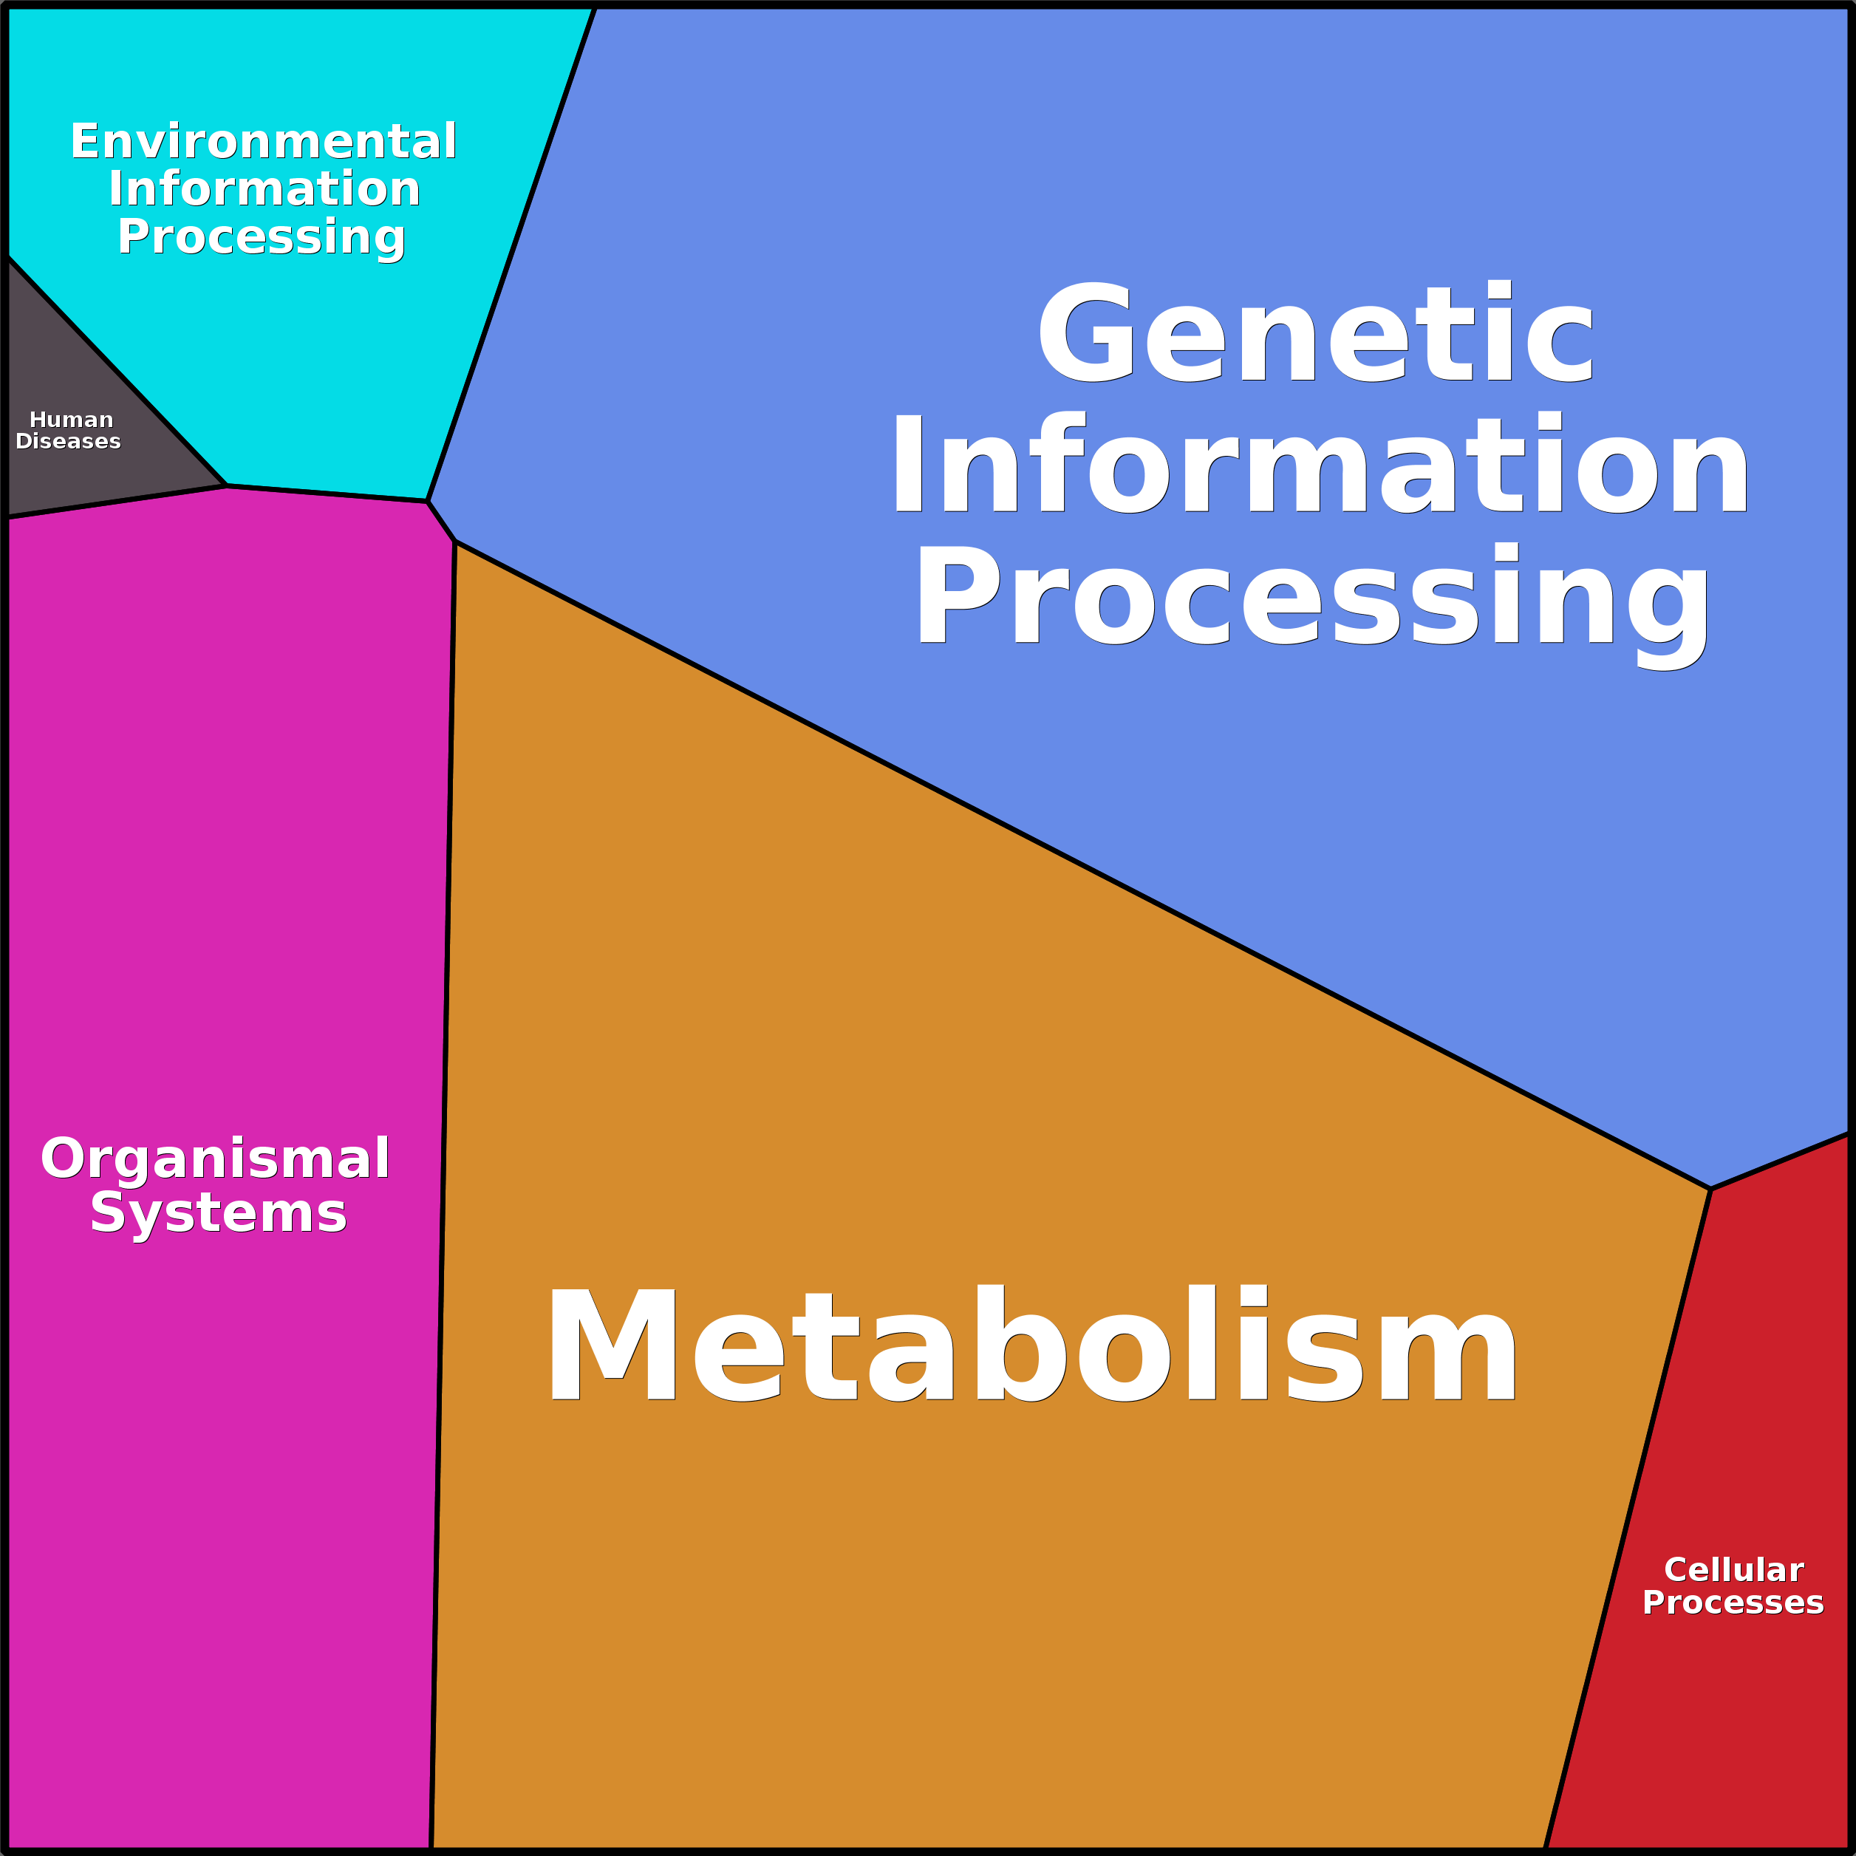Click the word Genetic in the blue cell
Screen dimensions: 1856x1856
1316,332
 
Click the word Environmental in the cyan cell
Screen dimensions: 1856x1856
263,141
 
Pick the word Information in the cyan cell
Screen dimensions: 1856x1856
265,188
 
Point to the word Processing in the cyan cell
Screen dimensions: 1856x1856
262,238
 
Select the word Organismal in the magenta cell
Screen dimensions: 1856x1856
215,1159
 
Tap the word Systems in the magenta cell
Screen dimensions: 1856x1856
218,1213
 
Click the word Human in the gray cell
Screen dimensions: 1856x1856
71,420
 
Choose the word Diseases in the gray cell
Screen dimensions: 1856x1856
68,441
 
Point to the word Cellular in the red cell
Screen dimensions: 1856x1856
1734,1571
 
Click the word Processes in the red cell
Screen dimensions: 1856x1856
1733,1603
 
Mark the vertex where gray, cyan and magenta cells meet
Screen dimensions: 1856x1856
227,486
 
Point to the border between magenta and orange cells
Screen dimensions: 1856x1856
443,1195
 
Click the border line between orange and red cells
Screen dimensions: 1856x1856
1628,1519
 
